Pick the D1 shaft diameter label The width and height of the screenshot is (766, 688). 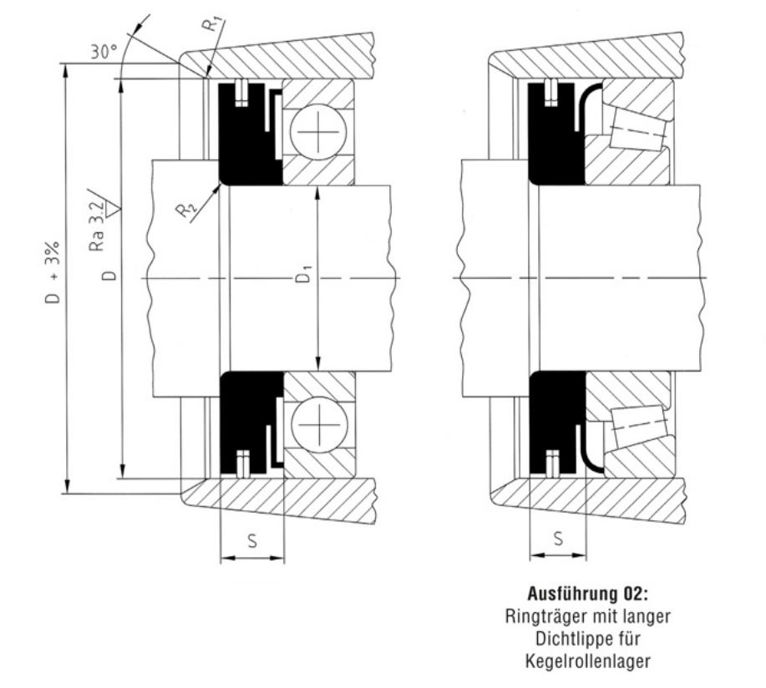click(307, 276)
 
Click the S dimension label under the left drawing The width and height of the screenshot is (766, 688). click(251, 540)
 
